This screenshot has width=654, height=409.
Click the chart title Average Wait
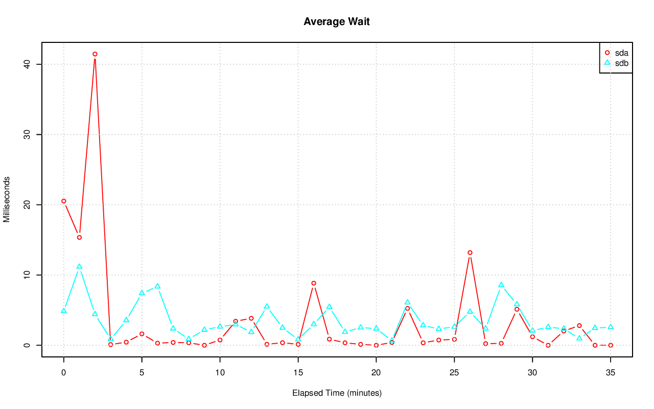336,21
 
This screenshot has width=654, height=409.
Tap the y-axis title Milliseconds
7,200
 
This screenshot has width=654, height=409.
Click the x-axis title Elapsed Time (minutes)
337,393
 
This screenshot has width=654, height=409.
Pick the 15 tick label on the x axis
298,373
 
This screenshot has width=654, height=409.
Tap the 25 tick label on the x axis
454,373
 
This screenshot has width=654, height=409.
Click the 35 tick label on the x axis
611,373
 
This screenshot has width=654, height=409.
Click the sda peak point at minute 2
95,54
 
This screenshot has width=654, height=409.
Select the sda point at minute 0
64,201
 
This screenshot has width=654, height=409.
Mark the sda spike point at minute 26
470,253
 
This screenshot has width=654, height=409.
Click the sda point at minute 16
314,283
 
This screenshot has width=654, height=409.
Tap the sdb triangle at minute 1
79,267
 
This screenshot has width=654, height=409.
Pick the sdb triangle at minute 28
501,285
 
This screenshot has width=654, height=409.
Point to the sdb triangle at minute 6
157,286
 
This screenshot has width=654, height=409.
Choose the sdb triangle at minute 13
267,306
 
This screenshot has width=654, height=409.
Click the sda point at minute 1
79,237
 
